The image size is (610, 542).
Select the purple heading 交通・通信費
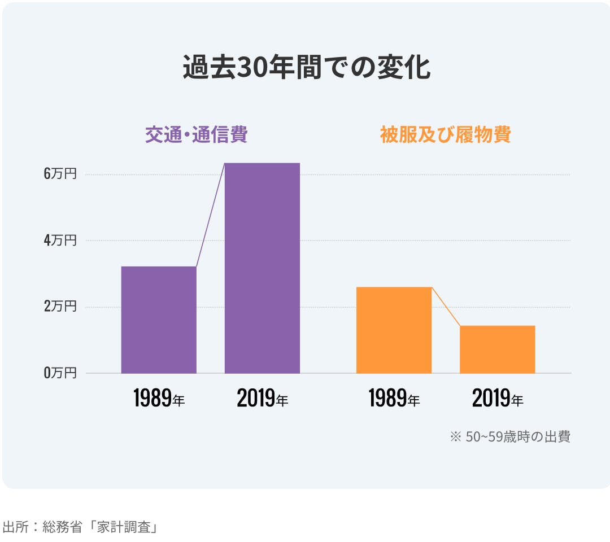tap(196, 135)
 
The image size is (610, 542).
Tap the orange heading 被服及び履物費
tap(445, 135)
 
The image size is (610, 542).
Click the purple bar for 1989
tap(159, 320)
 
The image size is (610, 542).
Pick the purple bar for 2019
tap(262, 268)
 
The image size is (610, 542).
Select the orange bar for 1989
tap(394, 330)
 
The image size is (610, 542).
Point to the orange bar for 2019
tap(497, 349)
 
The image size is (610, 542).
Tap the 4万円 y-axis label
tap(59, 241)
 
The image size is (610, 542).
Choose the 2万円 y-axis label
tap(59, 307)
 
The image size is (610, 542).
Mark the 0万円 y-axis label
tap(59, 373)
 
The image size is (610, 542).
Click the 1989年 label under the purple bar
tap(159, 399)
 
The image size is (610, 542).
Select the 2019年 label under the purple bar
tap(262, 399)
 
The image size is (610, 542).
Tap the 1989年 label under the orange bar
tap(394, 399)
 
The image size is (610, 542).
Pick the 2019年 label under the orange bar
tap(497, 399)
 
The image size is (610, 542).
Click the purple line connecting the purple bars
tap(211, 215)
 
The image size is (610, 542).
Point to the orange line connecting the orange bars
tap(446, 307)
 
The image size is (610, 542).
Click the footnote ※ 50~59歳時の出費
tap(509, 436)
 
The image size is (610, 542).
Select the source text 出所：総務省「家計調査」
tap(79, 527)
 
